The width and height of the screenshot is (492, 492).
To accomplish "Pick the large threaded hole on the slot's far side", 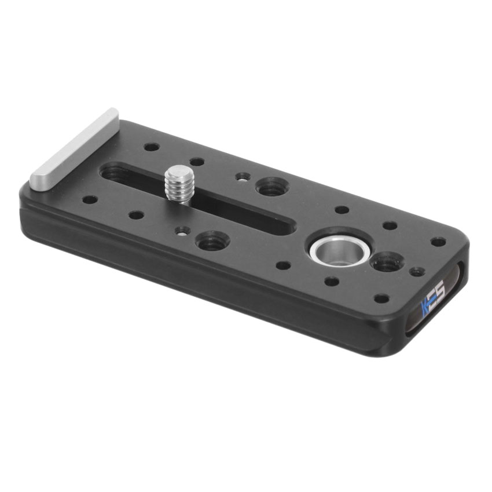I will point(270,187).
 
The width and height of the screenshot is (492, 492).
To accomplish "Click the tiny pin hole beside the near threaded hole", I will point(183,230).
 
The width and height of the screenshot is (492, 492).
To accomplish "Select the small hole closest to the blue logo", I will point(381,298).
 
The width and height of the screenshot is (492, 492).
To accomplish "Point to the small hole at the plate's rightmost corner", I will point(438,241).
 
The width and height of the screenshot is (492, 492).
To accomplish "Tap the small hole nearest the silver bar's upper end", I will point(152,147).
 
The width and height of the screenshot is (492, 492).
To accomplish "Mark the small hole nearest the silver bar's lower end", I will point(90,199).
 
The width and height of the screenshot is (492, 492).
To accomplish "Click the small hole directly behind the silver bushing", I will point(342,210).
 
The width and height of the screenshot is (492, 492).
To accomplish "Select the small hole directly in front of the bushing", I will point(332,282).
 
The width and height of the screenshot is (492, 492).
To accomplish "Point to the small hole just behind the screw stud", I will point(197,162).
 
